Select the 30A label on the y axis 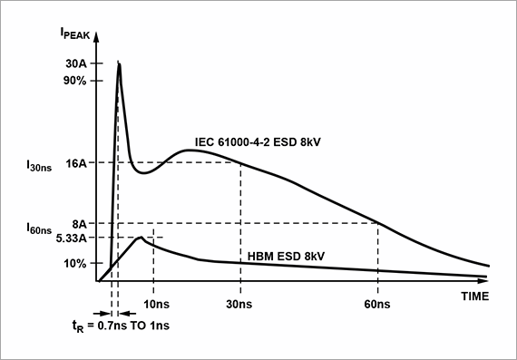tap(75, 64)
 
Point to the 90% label tap(74, 81)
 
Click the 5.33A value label tap(71, 238)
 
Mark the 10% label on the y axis tap(74, 264)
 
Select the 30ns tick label tap(240, 303)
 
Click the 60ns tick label tap(377, 303)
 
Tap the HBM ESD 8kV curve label tap(286, 256)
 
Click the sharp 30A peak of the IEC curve tap(119, 63)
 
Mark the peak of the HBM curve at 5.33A tap(141, 237)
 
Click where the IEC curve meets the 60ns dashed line tap(377, 223)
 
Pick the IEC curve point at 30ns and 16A tap(240, 163)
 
